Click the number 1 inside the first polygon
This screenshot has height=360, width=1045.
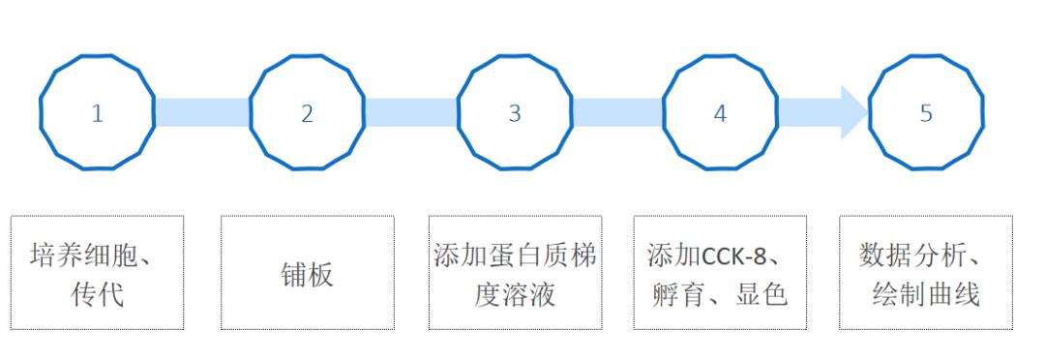[97, 113]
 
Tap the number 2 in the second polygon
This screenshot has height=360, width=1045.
[307, 113]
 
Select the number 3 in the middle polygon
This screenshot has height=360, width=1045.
[515, 113]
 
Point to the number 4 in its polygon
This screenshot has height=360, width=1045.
[720, 113]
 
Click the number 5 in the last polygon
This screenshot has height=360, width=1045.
[926, 113]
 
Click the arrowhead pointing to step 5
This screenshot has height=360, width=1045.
[853, 112]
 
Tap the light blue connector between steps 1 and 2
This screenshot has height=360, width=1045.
[201, 112]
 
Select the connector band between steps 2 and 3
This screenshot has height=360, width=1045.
[410, 112]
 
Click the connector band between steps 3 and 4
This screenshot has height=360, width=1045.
[617, 112]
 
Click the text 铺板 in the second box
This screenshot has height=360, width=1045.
[307, 275]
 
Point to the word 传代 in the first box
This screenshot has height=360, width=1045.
[97, 293]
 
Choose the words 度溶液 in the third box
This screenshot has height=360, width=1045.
[515, 293]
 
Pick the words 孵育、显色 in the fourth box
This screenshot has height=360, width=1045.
[720, 293]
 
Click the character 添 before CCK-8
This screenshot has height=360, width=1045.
[660, 257]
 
